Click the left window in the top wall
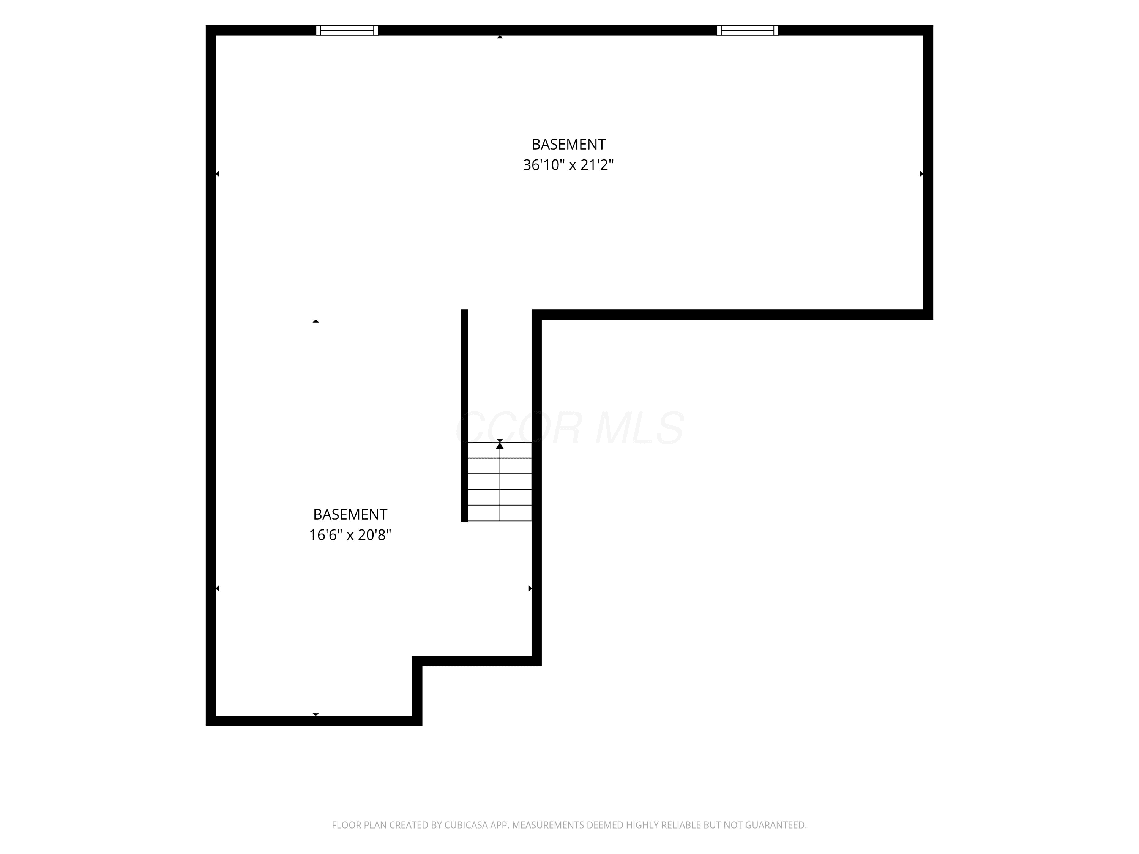pyautogui.click(x=347, y=30)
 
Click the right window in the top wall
pyautogui.click(x=747, y=30)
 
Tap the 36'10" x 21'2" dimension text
pyautogui.click(x=568, y=165)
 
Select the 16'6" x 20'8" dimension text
pyautogui.click(x=350, y=535)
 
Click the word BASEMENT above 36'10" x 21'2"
pyautogui.click(x=568, y=144)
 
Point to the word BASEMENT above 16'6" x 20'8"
pyautogui.click(x=350, y=514)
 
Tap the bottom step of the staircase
pyautogui.click(x=500, y=513)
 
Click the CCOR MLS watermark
pyautogui.click(x=570, y=428)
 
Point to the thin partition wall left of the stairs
pyautogui.click(x=464, y=415)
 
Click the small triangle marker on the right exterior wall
pyautogui.click(x=921, y=174)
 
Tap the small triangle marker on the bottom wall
pyautogui.click(x=316, y=714)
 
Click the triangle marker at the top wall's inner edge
pyautogui.click(x=500, y=36)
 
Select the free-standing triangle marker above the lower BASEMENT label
pyautogui.click(x=316, y=321)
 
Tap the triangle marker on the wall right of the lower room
pyautogui.click(x=530, y=588)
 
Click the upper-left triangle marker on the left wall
pyautogui.click(x=217, y=174)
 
